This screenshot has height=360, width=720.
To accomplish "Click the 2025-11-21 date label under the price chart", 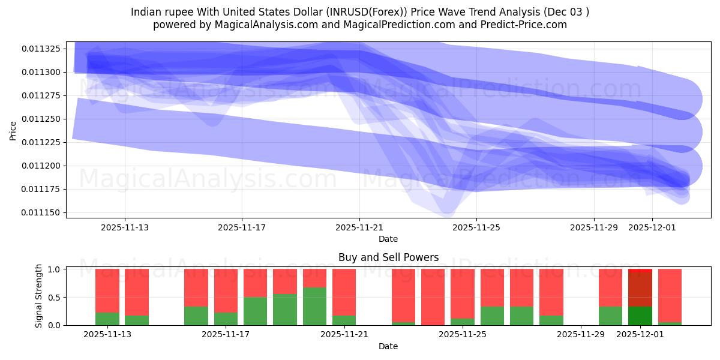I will pos(359,227).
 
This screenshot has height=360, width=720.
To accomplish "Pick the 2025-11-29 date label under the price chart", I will pos(593,227).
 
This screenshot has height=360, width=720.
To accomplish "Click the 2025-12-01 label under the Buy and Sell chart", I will pos(640,335).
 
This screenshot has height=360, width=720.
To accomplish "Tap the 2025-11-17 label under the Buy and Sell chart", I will pos(226,335).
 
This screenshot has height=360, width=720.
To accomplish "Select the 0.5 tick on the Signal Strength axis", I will pos(54,298).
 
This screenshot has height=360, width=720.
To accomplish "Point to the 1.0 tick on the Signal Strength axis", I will pos(54,269).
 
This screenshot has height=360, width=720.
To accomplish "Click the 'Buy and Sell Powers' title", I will pos(388,257).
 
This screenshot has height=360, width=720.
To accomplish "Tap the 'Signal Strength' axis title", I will pos(39,295).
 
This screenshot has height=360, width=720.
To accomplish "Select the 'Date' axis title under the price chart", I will pos(388,239).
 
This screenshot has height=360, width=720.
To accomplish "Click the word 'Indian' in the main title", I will pos(146,11).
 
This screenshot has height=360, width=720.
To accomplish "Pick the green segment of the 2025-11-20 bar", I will pos(314,306).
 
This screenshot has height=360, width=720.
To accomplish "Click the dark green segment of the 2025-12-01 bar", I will pos(640,316).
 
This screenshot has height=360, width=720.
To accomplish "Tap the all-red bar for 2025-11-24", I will pos(433,297).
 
